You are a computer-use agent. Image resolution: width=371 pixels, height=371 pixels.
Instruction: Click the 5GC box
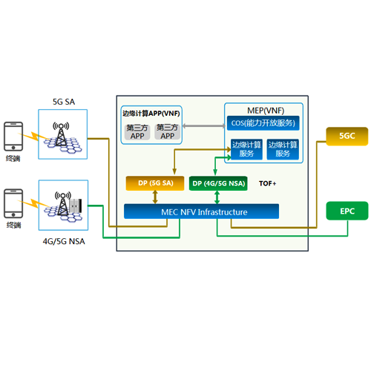[347, 137]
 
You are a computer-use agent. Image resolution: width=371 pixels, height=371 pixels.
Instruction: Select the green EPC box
[347, 211]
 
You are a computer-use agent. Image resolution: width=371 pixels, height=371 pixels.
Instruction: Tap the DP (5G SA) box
[155, 183]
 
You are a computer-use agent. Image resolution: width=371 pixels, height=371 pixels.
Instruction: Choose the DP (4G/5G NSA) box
[218, 183]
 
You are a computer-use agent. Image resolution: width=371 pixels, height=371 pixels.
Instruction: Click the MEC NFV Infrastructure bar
[201, 211]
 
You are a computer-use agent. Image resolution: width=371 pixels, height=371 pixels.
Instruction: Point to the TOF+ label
[267, 183]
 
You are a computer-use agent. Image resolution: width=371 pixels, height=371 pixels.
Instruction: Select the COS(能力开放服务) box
[263, 123]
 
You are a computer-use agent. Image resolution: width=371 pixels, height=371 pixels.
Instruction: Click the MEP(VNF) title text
[266, 111]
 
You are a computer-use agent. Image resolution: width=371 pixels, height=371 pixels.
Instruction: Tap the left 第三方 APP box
[137, 132]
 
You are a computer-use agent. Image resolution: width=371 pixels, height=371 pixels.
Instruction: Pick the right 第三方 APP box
[167, 131]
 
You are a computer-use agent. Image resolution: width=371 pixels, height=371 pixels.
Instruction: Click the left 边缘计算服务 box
[246, 149]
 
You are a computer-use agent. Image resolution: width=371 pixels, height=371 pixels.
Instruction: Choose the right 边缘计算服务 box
[283, 149]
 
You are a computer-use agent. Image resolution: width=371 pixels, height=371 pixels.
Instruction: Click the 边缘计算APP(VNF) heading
[151, 114]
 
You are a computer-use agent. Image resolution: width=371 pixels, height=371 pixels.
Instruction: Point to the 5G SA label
[64, 102]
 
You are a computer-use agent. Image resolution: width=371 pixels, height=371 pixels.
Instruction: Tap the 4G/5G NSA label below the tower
[64, 241]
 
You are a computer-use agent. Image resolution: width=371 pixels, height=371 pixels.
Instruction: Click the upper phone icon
[13, 137]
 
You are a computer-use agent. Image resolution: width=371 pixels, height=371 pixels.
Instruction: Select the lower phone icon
[13, 203]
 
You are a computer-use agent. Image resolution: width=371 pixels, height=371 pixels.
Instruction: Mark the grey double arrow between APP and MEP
[204, 126]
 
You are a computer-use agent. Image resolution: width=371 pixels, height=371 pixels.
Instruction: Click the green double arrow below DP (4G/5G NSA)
[217, 197]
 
